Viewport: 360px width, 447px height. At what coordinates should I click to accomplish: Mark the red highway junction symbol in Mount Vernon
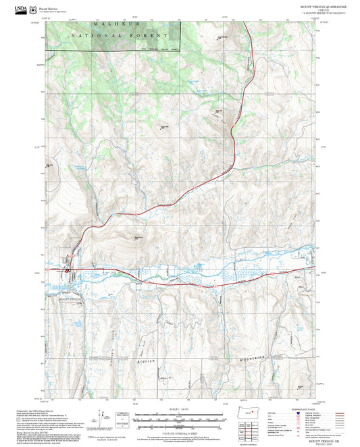click(68, 271)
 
